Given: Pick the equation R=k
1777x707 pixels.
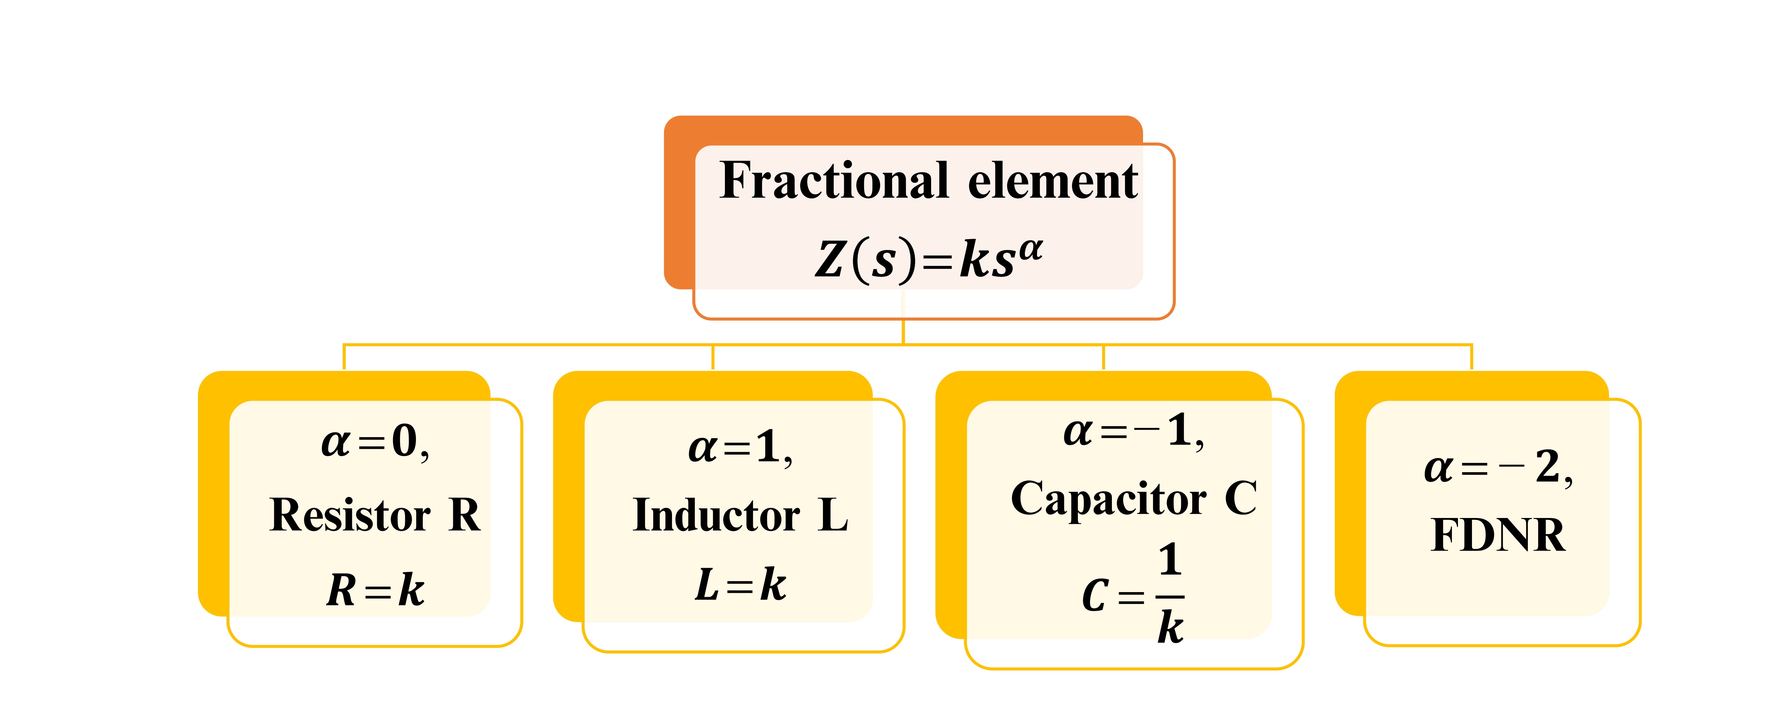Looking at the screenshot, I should (x=376, y=590).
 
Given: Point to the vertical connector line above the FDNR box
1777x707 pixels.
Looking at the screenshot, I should (x=1471, y=357).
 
